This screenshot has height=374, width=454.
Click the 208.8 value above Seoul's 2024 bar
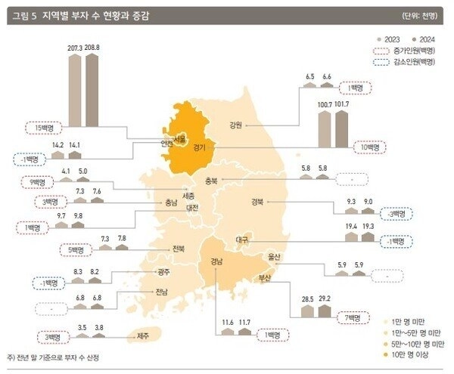click(x=92, y=47)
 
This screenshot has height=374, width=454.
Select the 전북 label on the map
click(x=179, y=249)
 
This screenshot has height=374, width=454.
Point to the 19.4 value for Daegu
click(x=350, y=226)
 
